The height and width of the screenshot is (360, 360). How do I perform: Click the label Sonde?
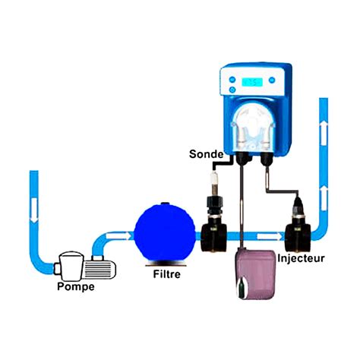tap(207, 154)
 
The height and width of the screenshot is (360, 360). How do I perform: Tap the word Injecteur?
tap(301, 258)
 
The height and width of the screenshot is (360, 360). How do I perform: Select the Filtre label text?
tap(167, 274)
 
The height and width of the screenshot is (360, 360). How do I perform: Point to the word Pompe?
tap(76, 286)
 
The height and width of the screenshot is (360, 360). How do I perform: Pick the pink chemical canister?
tap(256, 275)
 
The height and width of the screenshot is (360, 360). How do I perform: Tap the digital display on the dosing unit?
tap(252, 82)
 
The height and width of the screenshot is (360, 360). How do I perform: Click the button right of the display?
tap(272, 81)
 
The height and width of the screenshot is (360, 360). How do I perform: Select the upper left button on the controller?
tap(232, 80)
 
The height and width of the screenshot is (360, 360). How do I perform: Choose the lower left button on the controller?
tap(232, 90)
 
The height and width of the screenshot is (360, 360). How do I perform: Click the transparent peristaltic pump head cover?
tap(253, 127)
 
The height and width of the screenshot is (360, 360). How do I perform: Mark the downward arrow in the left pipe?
tap(34, 210)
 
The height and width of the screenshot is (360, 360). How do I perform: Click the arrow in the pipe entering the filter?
tap(118, 235)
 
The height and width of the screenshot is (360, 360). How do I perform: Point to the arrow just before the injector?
tap(270, 236)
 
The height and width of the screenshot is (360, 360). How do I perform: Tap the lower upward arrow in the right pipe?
tap(324, 198)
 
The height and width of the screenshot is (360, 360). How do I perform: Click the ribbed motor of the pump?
tap(99, 270)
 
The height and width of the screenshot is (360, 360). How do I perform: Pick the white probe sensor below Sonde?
tap(214, 183)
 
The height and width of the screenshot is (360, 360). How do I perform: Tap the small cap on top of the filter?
tap(166, 204)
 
